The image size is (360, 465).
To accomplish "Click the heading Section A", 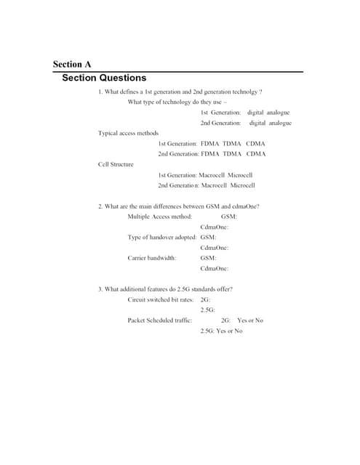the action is point(72,65).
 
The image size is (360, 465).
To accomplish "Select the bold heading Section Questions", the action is point(104,78).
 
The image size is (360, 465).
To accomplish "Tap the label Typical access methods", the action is point(128,133).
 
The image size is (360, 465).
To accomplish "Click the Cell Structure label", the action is point(116,164).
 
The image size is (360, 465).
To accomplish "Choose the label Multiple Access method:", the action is point(159,217).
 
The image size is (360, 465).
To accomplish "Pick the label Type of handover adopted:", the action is point(161,237).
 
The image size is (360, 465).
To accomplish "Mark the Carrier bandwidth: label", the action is point(152,258).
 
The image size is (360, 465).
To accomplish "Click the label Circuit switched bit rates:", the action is point(161,299).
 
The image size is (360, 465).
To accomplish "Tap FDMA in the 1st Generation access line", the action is point(209,144).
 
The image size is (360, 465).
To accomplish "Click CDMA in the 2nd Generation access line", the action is point(256,154).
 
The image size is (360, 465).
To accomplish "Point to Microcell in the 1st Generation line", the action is point(240,175).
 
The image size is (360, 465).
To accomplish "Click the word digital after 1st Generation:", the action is point(255,113).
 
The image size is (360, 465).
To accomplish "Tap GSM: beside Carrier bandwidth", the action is point(208,258).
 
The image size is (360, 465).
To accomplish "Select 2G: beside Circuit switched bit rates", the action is point(205,299).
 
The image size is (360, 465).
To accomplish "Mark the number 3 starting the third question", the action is point(100,289).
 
